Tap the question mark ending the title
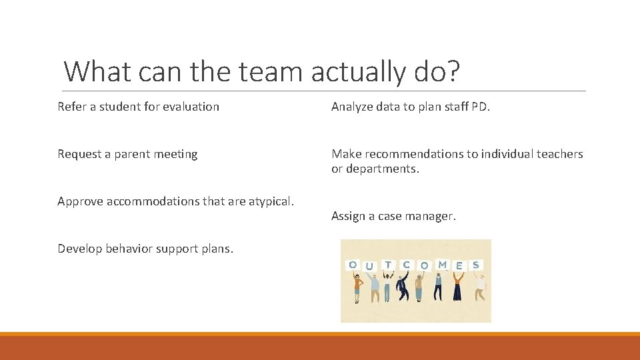tap(451, 71)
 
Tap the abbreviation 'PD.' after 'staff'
tap(481, 107)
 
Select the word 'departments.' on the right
tap(383, 169)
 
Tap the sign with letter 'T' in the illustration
tap(387, 265)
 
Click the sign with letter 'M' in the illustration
tap(442, 265)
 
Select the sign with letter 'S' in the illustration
tap(475, 265)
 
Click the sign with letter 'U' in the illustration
tap(370, 267)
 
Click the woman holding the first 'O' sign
tap(357, 287)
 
